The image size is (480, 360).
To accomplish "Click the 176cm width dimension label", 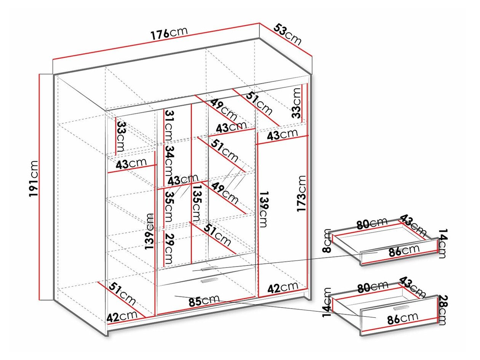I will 169,33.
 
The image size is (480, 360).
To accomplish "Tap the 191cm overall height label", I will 34,179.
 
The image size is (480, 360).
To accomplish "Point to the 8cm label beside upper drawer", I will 327,240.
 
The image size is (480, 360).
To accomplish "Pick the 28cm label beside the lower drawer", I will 442,310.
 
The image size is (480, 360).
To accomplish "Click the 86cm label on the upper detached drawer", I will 404,250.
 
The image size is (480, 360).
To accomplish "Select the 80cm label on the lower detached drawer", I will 372,288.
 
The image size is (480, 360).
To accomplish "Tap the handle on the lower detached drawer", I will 401,308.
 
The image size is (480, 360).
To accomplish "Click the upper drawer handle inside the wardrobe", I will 209,268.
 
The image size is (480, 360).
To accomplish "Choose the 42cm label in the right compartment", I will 283,287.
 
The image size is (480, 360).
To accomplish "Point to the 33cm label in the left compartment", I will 122,136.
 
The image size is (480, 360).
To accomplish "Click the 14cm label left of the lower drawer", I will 327,302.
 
